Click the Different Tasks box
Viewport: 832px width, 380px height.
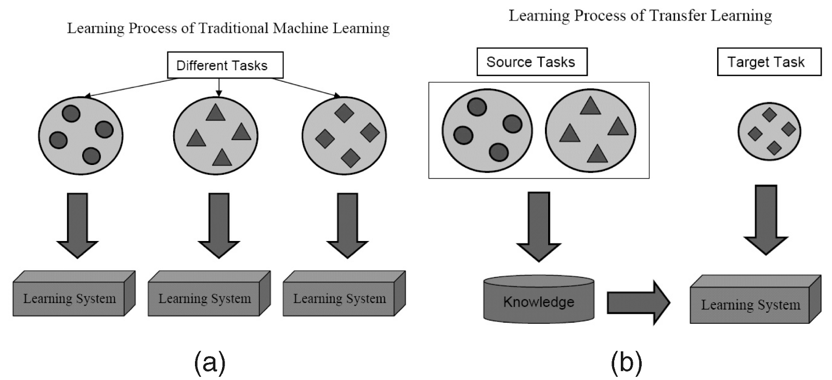click(x=225, y=66)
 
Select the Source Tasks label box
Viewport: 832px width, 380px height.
click(x=531, y=62)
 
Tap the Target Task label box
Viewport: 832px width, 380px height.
click(x=768, y=62)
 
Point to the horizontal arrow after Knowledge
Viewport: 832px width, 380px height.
click(x=638, y=302)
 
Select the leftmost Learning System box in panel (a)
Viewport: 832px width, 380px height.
click(x=70, y=298)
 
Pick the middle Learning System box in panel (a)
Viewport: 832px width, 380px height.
click(x=205, y=298)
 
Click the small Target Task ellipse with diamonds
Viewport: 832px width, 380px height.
click(x=769, y=131)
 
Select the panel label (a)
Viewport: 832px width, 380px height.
click(x=210, y=362)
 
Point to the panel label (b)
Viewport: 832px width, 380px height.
click(x=626, y=362)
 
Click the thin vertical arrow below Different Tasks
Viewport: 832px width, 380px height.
click(x=218, y=87)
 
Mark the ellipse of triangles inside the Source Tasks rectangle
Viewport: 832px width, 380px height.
click(x=590, y=130)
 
